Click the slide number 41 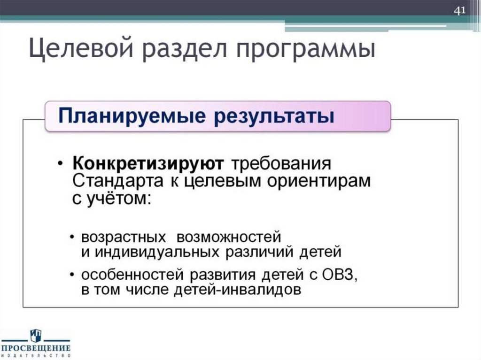point(459,10)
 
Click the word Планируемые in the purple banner point(132,116)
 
